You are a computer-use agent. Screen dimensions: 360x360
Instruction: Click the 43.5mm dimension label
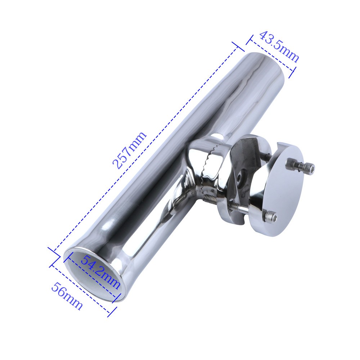pyautogui.click(x=279, y=46)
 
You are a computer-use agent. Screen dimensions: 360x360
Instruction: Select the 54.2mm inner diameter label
pyautogui.click(x=100, y=272)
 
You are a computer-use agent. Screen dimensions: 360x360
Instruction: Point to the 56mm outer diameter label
pyautogui.click(x=67, y=296)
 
